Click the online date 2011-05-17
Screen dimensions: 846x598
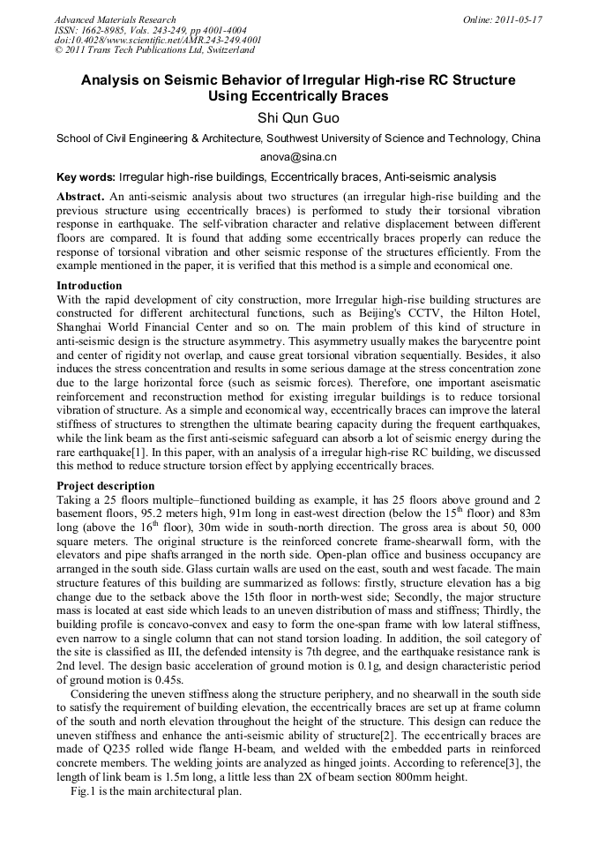520,19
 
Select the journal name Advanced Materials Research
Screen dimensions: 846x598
115,19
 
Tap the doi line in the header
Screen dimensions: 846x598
157,40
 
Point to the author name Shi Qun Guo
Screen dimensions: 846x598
298,117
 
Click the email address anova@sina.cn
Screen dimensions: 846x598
298,156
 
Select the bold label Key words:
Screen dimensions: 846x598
86,177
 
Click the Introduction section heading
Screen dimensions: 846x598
89,286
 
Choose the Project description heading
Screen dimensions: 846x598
105,486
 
